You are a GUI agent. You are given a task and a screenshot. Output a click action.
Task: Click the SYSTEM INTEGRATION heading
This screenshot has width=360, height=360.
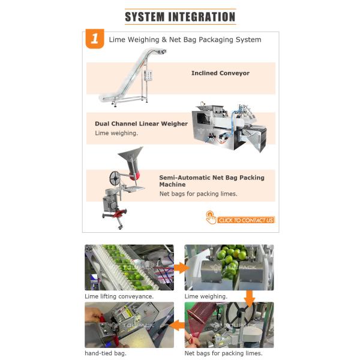(180, 17)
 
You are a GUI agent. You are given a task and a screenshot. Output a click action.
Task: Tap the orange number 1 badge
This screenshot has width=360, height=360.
(95, 38)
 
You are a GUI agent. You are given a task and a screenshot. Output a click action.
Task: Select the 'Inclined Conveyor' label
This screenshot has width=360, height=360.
(220, 73)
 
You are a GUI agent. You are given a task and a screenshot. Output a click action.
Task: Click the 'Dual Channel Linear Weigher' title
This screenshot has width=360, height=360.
(141, 124)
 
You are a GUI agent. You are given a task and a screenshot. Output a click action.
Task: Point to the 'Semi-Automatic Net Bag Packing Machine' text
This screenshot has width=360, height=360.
(212, 181)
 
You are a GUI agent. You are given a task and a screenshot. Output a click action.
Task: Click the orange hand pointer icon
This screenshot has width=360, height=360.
(211, 217)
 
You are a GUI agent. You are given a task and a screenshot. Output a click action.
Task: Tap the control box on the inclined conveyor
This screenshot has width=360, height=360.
(149, 75)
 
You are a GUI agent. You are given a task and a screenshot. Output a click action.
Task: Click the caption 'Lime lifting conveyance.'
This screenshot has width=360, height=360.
(119, 296)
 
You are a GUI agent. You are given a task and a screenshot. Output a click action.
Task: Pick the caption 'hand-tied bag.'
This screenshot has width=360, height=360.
(106, 353)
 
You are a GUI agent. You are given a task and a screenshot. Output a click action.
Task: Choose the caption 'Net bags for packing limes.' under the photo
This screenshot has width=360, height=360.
(223, 353)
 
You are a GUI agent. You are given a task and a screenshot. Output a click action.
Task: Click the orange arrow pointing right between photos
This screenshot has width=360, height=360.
(181, 268)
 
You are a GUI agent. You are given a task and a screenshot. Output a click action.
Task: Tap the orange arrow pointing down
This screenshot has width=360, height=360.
(250, 299)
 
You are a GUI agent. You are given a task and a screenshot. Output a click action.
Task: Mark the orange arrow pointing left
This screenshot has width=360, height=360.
(177, 325)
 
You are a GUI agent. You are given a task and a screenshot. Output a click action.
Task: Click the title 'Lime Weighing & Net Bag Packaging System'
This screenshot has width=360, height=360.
(185, 40)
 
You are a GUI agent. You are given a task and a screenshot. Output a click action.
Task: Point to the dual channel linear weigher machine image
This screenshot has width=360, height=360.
(230, 127)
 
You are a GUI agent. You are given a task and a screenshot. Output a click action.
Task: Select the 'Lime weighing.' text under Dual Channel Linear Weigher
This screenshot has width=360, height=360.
(116, 133)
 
